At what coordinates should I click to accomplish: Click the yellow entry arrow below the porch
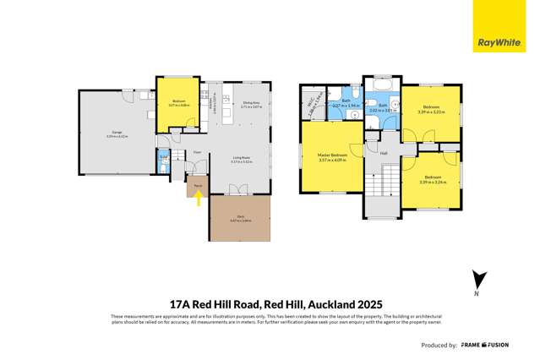pos(198,199)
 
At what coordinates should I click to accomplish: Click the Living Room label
pos(243,157)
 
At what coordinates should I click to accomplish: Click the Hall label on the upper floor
pos(384,153)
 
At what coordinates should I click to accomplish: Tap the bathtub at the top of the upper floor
pos(378,88)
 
